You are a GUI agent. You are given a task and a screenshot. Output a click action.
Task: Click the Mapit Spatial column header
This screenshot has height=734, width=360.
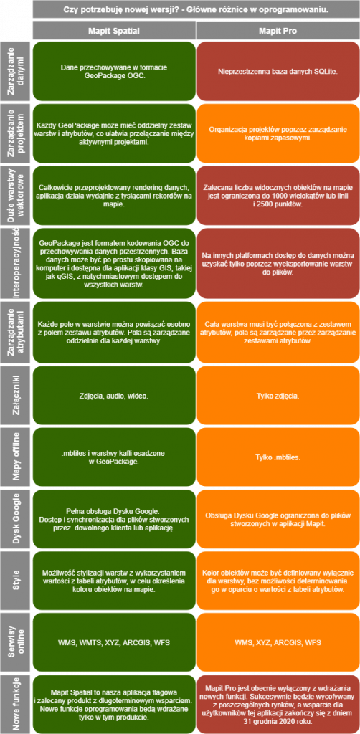[x=114, y=30]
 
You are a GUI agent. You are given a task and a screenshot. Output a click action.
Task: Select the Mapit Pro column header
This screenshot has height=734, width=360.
[x=278, y=30]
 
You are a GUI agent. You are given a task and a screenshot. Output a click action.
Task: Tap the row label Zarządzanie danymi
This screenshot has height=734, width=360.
[x=16, y=71]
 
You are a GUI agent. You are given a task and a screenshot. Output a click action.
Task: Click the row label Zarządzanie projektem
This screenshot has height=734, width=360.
[x=16, y=133]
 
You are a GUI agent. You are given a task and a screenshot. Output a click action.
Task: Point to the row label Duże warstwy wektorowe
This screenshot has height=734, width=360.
[x=16, y=195]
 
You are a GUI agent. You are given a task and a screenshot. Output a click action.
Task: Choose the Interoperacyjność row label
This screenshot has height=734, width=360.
[x=16, y=263]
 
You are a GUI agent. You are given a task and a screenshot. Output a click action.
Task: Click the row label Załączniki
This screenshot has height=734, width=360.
[x=16, y=395]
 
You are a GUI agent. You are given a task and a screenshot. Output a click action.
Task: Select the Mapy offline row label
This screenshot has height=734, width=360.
[x=16, y=457]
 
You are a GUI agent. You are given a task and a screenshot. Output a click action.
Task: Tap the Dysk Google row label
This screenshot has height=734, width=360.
[x=16, y=518]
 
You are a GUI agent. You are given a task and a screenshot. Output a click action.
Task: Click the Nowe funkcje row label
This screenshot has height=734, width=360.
[x=16, y=704]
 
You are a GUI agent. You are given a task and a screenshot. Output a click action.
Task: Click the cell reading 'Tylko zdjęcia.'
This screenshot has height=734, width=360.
[x=278, y=395]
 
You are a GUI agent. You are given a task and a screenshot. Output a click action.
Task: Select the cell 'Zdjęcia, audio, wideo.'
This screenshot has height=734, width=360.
[x=114, y=395]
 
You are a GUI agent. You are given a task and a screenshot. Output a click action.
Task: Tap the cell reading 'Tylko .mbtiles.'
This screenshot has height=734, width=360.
[x=278, y=457]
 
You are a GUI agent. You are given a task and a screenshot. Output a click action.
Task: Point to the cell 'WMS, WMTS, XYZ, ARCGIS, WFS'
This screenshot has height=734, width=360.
[x=114, y=642]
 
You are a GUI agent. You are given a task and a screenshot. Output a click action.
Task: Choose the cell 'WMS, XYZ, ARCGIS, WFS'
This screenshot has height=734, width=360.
[x=278, y=642]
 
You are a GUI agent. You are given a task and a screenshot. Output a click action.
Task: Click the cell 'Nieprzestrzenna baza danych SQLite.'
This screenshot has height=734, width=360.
[x=278, y=71]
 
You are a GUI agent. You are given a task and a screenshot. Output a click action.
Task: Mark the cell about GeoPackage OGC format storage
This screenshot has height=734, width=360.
[x=114, y=71]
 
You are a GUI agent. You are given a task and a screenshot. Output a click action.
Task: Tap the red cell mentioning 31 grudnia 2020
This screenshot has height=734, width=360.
[x=278, y=704]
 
